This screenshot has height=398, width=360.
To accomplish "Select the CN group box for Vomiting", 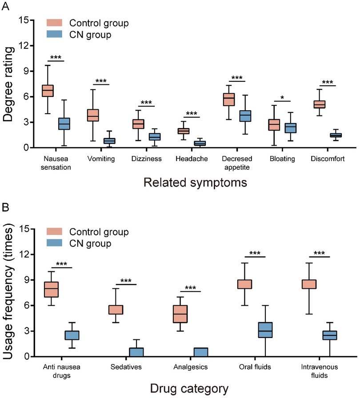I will coord(109,141).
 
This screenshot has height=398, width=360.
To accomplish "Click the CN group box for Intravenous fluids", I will coord(329,335).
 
